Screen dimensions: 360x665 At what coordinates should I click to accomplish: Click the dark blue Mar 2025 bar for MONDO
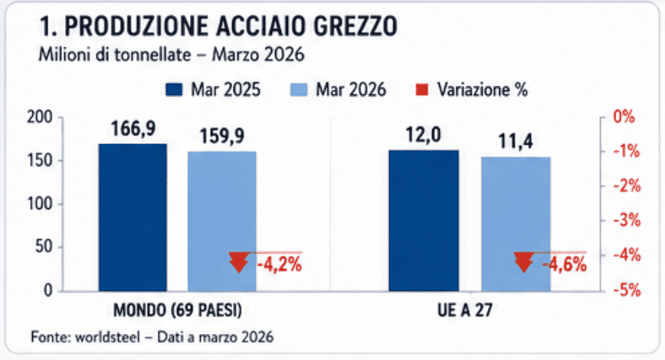point(133,217)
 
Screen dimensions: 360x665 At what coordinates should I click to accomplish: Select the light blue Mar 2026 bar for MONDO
point(222,221)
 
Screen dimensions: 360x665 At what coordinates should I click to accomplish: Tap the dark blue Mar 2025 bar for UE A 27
point(424,220)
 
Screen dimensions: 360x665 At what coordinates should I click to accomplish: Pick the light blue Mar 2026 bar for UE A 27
point(516,224)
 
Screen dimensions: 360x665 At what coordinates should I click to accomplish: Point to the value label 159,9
point(222,136)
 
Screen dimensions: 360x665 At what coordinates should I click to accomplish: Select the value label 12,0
point(424,135)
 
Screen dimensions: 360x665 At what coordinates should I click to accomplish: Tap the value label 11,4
point(516,141)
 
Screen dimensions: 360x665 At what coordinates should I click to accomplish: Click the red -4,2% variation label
point(277,266)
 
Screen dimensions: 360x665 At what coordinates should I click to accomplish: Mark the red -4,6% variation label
point(565,266)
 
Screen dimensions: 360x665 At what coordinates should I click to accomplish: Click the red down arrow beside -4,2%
point(238,261)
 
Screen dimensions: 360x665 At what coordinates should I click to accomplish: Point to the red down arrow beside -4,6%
point(524,261)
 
